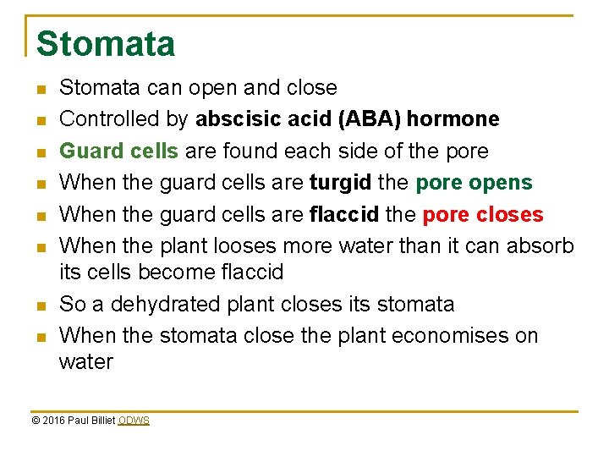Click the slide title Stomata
point(106,44)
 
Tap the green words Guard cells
point(118,151)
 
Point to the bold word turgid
point(343,182)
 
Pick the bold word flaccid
point(344,214)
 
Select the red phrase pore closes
point(482,214)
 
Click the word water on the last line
point(85,361)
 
